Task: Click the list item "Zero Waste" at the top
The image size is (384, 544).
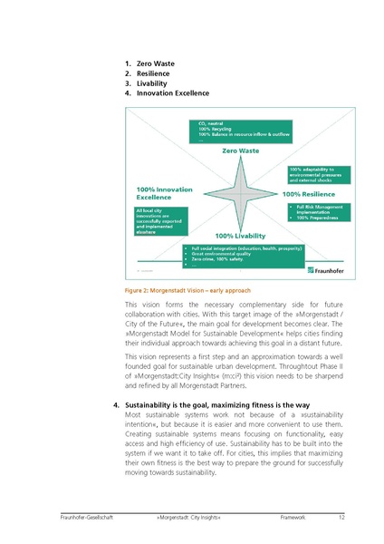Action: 155,63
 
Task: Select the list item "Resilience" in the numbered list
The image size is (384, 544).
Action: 154,73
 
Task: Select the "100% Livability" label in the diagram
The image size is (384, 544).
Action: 240,236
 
